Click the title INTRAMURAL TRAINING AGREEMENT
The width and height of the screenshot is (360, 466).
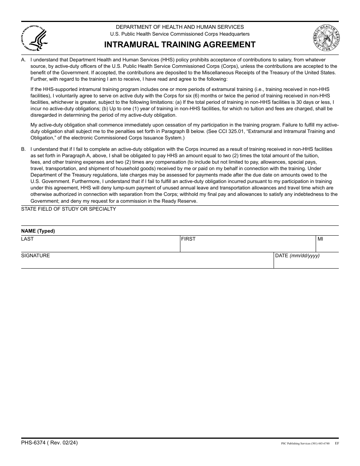coord(180,45)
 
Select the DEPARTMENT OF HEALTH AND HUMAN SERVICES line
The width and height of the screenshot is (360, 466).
coord(180,27)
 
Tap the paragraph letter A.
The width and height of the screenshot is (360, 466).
coord(23,60)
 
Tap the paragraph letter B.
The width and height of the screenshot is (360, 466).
coord(23,149)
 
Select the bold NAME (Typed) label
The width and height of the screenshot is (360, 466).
coord(38,231)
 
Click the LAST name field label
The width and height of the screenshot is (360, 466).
coord(27,239)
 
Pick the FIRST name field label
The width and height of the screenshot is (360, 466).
coord(188,239)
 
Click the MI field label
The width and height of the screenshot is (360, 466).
coord(320,239)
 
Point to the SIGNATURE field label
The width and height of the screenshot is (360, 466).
coord(35,256)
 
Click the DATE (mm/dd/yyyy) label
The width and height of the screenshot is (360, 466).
coord(297,256)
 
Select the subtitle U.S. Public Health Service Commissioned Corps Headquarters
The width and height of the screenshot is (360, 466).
coord(180,34)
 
